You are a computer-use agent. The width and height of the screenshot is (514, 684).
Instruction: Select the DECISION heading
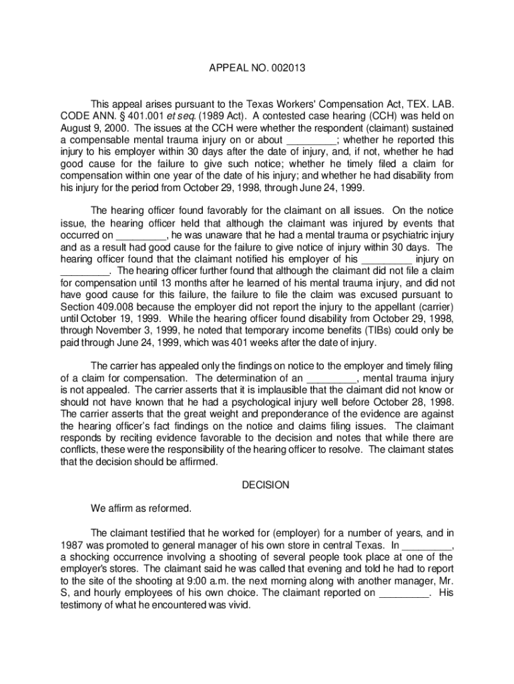pyautogui.click(x=266, y=485)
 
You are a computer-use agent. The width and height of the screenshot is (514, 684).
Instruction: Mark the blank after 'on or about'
pyautogui.click(x=311, y=140)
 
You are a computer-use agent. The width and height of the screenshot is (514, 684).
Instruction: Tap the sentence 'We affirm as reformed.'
pyautogui.click(x=141, y=509)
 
